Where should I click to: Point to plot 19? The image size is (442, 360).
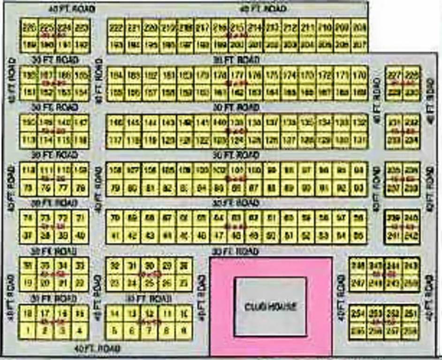click(x=28, y=282)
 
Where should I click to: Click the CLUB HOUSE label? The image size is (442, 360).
click(x=270, y=307)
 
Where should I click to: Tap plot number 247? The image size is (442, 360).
click(x=358, y=283)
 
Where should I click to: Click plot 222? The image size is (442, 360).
click(x=116, y=28)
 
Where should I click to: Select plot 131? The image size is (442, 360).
click(x=359, y=140)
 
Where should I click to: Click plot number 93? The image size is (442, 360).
click(x=359, y=187)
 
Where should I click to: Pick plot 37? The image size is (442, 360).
click(x=28, y=234)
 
